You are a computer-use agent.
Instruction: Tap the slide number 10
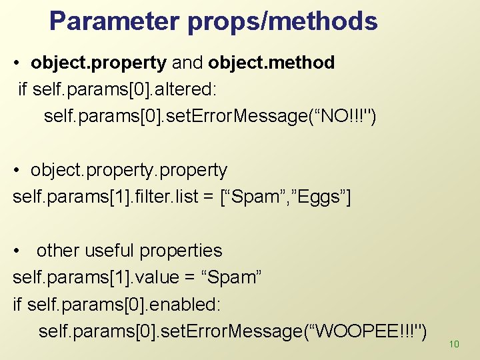pyautogui.click(x=455, y=344)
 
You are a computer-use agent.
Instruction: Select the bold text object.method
pyautogui.click(x=271, y=63)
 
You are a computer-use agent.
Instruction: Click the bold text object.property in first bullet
pyautogui.click(x=99, y=63)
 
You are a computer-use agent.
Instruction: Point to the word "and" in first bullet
pyautogui.click(x=187, y=63)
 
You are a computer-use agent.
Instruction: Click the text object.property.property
pyautogui.click(x=129, y=171)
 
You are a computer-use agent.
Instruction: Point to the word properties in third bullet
pyautogui.click(x=181, y=251)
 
